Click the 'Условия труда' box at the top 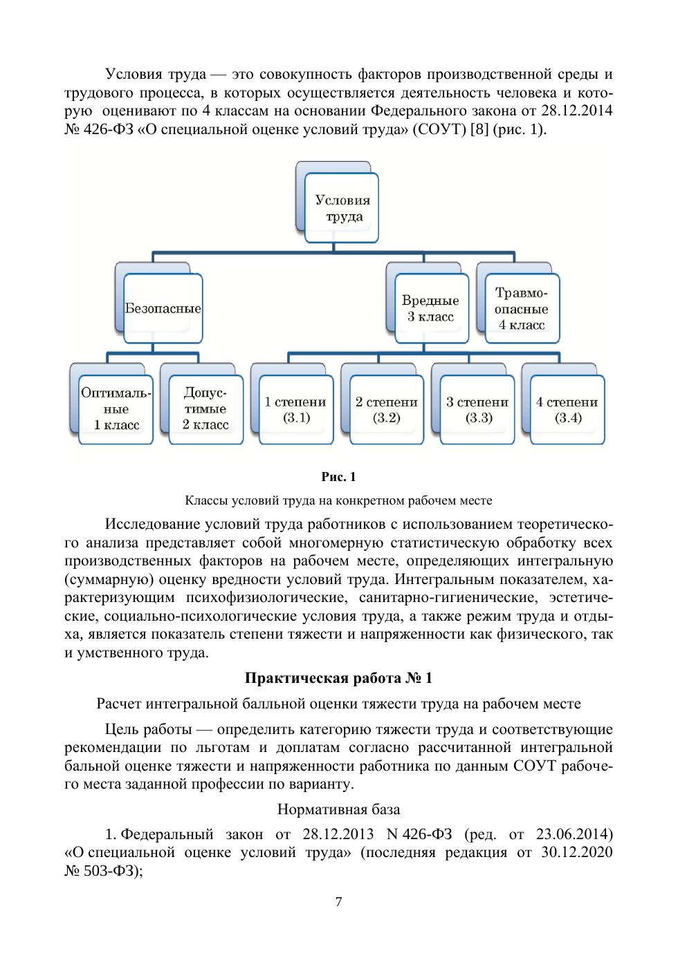tap(342, 208)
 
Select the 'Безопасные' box tap(163, 308)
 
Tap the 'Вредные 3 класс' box tap(430, 308)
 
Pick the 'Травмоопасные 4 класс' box tap(521, 308)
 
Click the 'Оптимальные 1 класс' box tap(116, 409)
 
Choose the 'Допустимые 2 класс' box tap(205, 409)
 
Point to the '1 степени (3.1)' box tap(296, 409)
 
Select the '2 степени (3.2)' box tap(387, 409)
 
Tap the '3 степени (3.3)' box tap(477, 409)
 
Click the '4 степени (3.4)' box tap(567, 409)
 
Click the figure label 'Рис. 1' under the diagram tap(338, 477)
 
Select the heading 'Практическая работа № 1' tap(338, 677)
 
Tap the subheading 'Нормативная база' tap(338, 809)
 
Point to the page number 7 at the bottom tap(338, 901)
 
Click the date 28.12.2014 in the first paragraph tap(577, 111)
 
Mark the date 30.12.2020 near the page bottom tap(577, 852)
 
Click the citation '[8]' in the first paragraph tap(479, 129)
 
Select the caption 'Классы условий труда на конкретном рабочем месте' tap(338, 500)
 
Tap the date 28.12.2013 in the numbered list tap(338, 834)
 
